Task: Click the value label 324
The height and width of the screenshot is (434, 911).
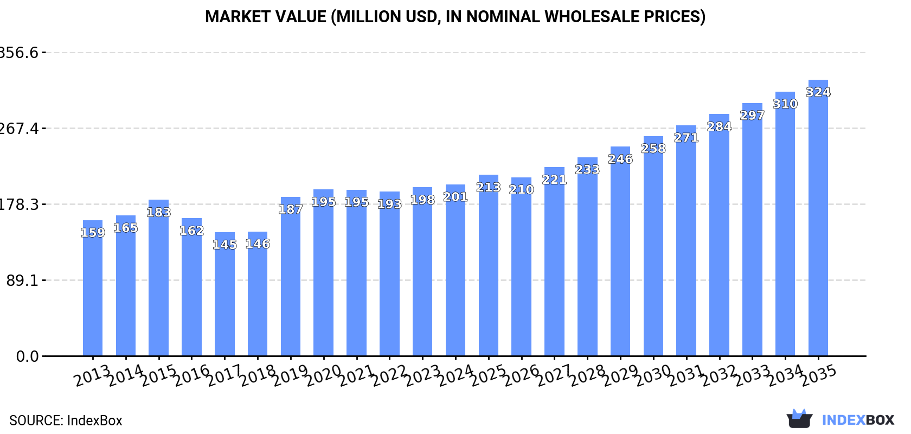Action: (818, 92)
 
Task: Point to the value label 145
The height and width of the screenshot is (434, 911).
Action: (224, 245)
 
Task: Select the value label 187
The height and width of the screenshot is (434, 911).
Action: (291, 209)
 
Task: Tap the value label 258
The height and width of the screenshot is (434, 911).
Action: (653, 149)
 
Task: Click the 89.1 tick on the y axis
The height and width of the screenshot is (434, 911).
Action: (22, 280)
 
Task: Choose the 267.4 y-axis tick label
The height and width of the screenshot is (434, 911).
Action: (20, 129)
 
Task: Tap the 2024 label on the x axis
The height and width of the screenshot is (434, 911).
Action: (456, 376)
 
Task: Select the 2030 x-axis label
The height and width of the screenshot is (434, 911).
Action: (654, 376)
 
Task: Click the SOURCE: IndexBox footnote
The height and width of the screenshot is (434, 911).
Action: (66, 420)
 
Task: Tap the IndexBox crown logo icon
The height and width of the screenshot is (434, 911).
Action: (799, 418)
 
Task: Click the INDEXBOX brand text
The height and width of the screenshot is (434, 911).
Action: (858, 420)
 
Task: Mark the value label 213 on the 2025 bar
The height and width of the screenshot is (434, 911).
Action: (488, 188)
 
